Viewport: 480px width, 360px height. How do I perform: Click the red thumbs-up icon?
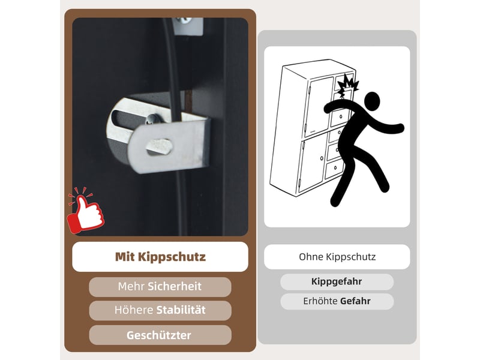[85, 211]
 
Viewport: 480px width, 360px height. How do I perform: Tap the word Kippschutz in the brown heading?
[172, 257]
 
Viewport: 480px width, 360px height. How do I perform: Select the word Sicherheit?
[175, 287]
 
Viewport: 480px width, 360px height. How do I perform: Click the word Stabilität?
[181, 310]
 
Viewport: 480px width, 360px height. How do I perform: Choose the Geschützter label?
[159, 335]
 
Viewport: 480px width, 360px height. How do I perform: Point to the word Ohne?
[311, 257]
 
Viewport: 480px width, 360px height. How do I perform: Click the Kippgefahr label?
[337, 281]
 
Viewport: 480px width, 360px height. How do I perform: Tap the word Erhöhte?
[320, 301]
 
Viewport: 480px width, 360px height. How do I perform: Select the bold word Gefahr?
[355, 301]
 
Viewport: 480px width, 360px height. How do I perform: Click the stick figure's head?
[372, 101]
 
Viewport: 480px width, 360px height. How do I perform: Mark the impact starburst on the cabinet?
[347, 85]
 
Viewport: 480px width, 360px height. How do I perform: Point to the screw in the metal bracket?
[152, 119]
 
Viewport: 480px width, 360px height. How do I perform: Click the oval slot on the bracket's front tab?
[159, 146]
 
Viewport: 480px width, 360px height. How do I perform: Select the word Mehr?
[131, 287]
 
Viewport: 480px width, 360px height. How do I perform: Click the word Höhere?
[134, 310]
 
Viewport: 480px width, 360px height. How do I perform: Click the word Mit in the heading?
[125, 257]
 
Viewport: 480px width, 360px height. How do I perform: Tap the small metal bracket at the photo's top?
[187, 25]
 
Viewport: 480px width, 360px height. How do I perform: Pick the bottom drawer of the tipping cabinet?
[334, 169]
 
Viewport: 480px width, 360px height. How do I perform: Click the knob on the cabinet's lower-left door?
[322, 158]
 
